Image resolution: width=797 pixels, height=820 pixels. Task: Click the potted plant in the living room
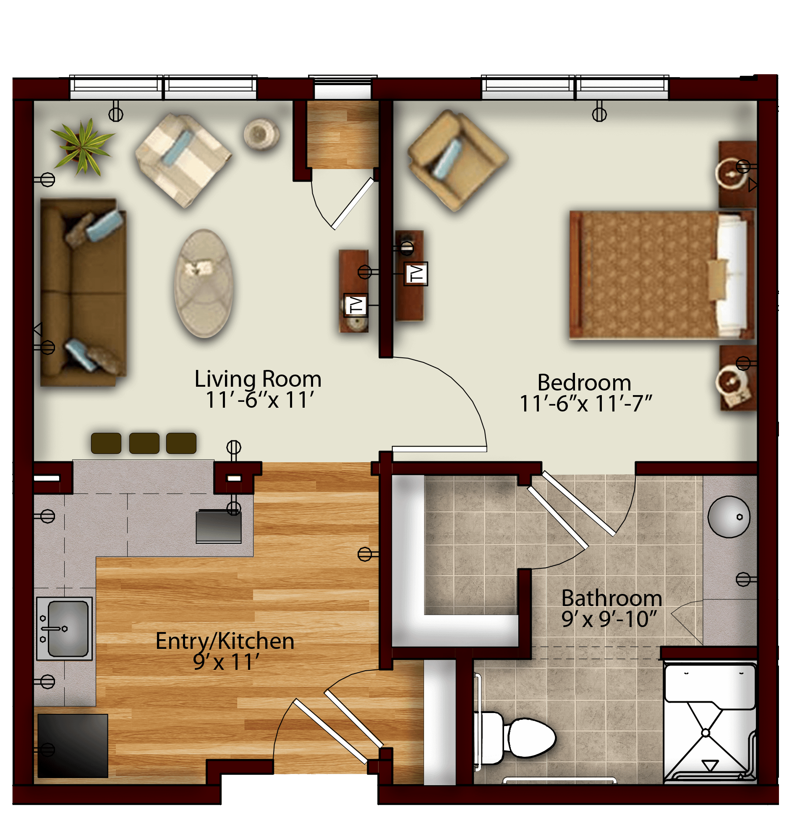83,146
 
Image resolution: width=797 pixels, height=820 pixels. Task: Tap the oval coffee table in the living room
204,283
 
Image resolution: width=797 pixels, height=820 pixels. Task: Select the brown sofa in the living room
83,292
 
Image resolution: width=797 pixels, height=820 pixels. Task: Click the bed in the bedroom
661,275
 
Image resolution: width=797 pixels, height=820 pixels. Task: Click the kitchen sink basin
67,628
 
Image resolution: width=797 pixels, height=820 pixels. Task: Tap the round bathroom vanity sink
729,517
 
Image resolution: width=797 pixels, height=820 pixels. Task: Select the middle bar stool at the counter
144,443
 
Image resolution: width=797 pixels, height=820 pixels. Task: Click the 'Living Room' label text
258,379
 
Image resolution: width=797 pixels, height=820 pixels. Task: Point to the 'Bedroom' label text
584,383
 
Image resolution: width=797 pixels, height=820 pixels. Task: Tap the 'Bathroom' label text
611,598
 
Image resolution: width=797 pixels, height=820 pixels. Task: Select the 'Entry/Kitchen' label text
225,641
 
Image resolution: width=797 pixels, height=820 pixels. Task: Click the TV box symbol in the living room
355,305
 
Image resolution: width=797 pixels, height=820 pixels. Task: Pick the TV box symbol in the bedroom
416,273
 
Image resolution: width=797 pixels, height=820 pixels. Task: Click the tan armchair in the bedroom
458,160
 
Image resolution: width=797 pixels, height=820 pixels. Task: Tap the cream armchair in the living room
183,160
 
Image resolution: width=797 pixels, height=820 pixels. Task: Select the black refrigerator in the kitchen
73,746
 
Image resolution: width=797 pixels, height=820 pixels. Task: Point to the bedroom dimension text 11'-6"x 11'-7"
585,403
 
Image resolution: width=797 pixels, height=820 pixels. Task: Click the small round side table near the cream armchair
261,134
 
